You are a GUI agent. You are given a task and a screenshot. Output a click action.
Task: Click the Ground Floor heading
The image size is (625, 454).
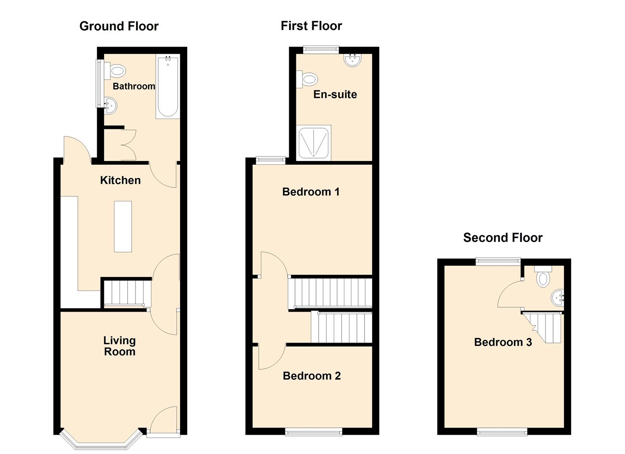(119, 26)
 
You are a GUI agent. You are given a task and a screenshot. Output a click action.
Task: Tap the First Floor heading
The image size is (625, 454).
(311, 26)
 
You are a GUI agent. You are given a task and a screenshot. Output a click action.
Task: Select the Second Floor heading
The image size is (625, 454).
(503, 238)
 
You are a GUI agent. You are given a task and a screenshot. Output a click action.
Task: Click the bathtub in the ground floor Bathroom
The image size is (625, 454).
(168, 87)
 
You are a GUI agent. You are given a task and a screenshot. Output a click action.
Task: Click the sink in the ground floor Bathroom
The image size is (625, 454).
(110, 105)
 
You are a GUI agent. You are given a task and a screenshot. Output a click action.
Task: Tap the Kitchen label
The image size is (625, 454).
(120, 180)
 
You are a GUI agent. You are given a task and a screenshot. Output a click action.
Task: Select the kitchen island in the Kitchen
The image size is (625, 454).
(123, 226)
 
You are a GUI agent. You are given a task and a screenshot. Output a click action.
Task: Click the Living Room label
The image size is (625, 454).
(120, 346)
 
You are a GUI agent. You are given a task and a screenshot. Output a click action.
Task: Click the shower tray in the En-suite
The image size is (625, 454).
(314, 143)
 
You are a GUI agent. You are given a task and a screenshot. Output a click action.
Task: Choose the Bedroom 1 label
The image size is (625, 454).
(311, 192)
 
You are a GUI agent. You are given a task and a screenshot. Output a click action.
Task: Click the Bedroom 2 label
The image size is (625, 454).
(311, 376)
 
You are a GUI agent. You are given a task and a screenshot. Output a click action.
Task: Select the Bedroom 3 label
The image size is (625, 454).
(503, 342)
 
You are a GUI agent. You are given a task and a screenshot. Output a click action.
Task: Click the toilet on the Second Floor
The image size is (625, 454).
(543, 277)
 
